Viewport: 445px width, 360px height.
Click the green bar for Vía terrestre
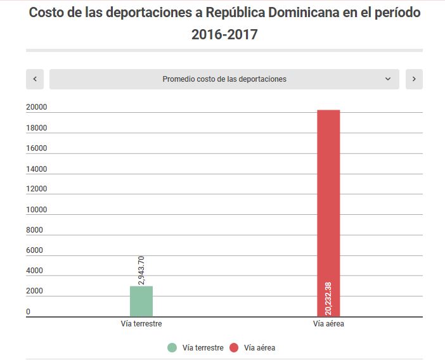point(141,301)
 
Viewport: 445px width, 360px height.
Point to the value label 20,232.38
point(328,298)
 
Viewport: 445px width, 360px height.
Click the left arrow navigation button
point(35,79)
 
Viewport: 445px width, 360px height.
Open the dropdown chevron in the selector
point(388,79)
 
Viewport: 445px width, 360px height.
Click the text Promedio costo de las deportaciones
point(224,79)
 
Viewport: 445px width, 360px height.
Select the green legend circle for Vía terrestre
point(172,347)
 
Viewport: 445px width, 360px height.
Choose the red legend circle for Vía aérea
point(234,347)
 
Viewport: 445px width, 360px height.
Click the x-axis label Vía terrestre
point(141,324)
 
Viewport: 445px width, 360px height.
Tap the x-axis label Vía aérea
point(328,324)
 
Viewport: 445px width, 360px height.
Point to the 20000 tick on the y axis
point(36,108)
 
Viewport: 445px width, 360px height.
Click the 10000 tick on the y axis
point(36,210)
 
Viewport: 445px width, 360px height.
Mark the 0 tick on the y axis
point(28,312)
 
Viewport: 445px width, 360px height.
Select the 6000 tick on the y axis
point(34,250)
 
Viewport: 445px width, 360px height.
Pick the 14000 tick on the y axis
point(36,169)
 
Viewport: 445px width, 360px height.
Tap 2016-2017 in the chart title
point(224,34)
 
